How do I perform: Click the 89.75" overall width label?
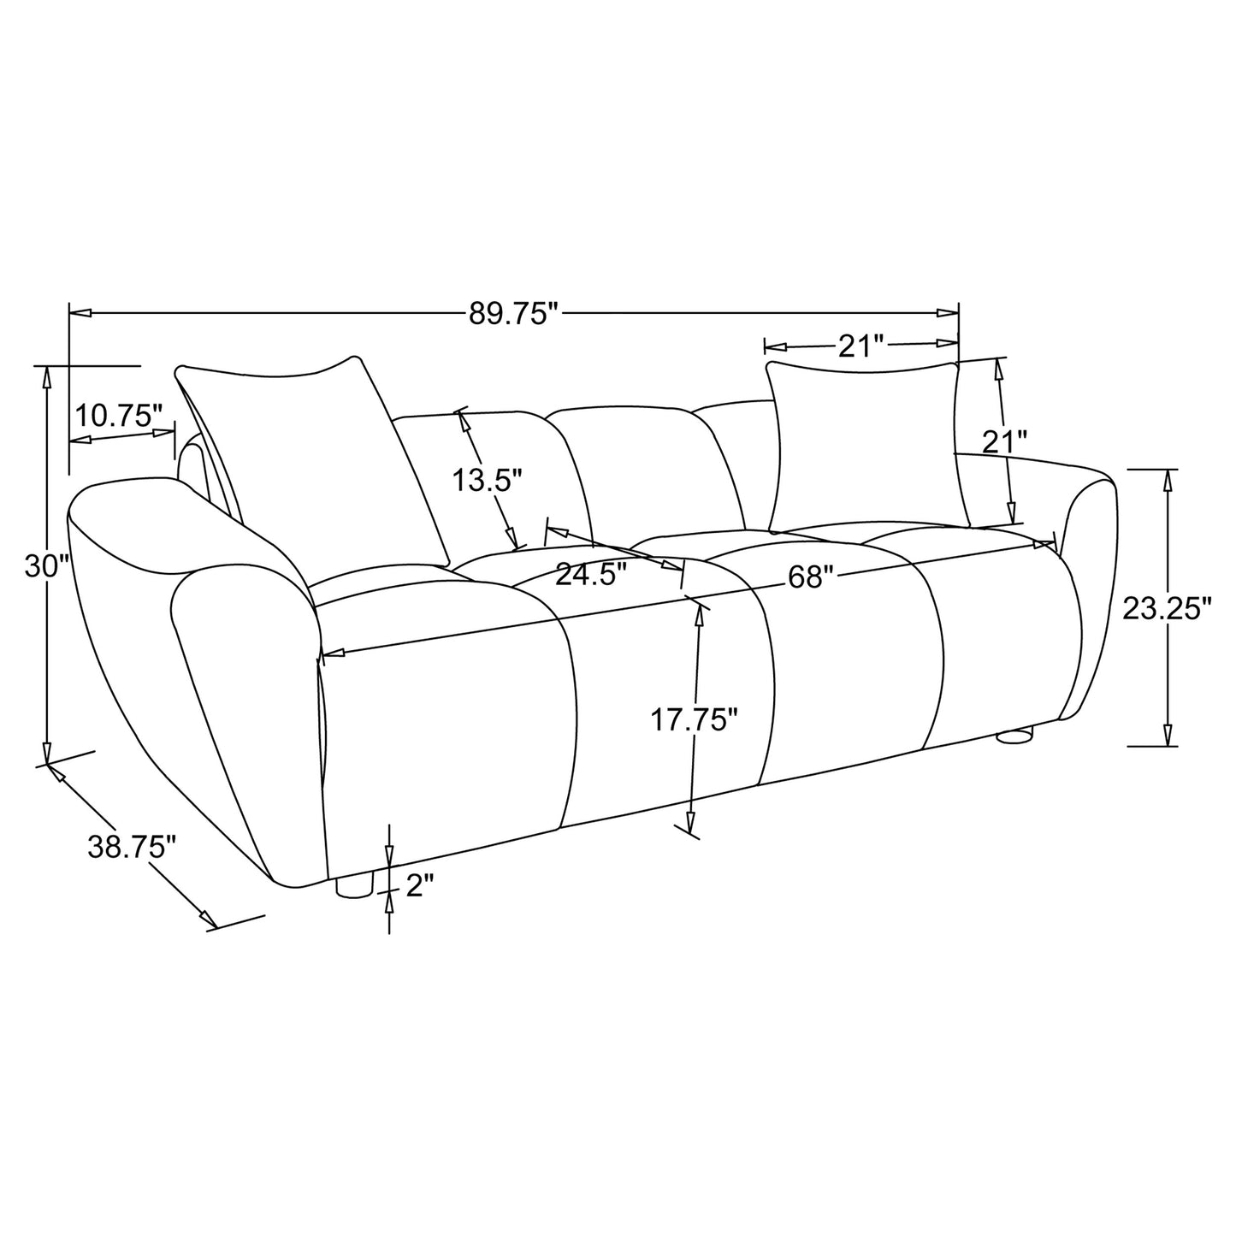click(512, 314)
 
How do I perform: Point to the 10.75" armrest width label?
click(118, 417)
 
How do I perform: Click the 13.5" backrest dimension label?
click(487, 480)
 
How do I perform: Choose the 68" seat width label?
click(810, 577)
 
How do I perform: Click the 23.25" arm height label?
click(1167, 608)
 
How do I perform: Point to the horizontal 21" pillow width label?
click(860, 346)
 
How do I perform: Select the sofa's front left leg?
click(353, 886)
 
